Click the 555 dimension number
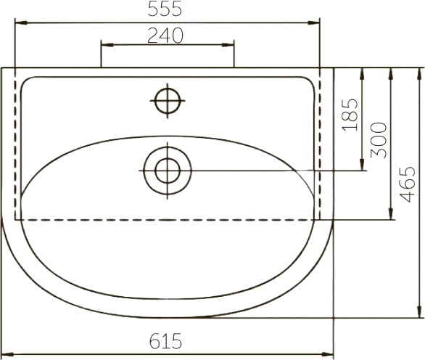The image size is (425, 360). point(165,9)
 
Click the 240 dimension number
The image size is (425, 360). point(165,36)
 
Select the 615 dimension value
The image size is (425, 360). point(165,341)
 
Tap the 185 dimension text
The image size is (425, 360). point(350,115)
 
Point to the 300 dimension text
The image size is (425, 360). point(379,141)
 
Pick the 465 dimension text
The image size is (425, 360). point(408,184)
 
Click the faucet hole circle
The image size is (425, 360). point(168,101)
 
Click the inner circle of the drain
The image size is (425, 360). point(168,171)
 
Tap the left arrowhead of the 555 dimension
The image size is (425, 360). point(21,23)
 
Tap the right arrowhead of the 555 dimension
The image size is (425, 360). point(314,23)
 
